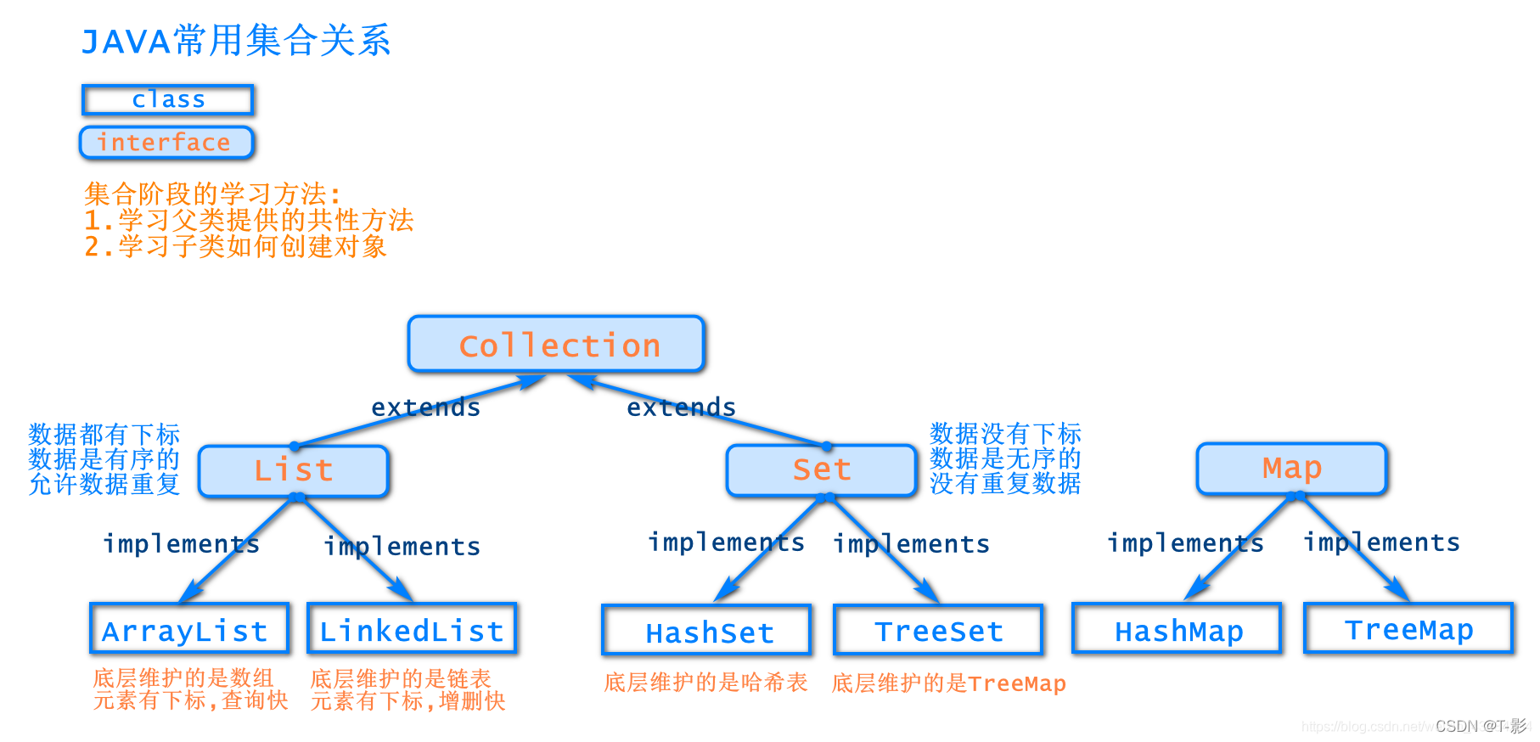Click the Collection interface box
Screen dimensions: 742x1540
click(556, 345)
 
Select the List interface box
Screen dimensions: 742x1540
click(294, 471)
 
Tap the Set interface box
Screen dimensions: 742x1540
click(821, 470)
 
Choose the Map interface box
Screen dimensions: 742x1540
click(1291, 469)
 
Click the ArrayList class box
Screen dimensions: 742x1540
click(188, 629)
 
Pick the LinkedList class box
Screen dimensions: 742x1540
click(412, 629)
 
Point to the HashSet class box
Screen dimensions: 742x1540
click(706, 631)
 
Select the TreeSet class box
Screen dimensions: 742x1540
click(938, 630)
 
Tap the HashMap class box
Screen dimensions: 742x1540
click(1177, 629)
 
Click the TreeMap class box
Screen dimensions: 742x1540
click(1408, 628)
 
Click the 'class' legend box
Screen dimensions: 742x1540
click(168, 99)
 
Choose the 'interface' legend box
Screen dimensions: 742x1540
click(166, 143)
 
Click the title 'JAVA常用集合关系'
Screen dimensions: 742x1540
click(236, 41)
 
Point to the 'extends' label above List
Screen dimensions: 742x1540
click(425, 408)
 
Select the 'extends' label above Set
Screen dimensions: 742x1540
click(681, 408)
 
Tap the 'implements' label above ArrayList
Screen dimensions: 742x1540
click(181, 544)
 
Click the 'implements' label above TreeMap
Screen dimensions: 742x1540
click(1381, 542)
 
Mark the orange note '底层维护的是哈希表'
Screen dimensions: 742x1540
click(705, 683)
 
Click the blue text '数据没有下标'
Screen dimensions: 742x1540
click(1005, 434)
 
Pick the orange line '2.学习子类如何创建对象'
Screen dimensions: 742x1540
click(235, 247)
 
